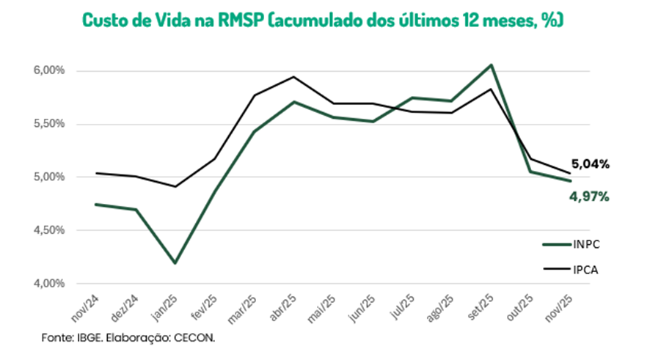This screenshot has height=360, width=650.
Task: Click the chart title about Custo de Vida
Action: (324, 20)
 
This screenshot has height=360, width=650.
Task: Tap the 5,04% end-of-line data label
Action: (590, 164)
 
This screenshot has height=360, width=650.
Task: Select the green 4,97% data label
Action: (590, 196)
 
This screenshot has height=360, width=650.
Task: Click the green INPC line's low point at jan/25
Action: (175, 262)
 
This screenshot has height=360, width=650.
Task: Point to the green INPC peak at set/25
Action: (492, 65)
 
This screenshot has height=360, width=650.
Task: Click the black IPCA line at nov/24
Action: (96, 173)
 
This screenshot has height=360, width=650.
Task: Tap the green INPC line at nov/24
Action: (96, 205)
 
